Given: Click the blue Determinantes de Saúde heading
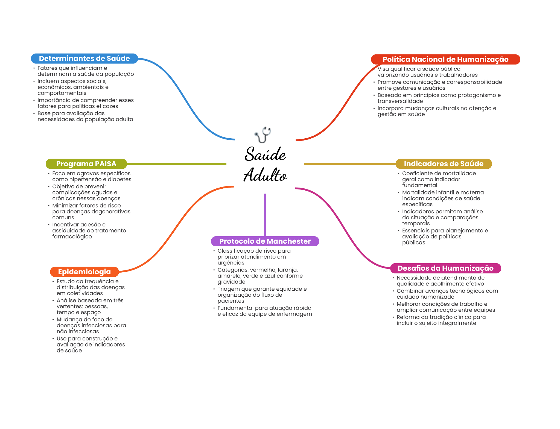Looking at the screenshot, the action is click(x=84, y=59).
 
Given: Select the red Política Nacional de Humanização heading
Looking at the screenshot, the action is click(x=445, y=59).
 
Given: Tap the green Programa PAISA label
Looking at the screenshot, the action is click(x=86, y=164).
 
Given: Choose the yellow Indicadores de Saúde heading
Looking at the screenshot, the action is click(x=443, y=164).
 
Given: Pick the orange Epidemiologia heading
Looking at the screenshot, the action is click(x=84, y=272).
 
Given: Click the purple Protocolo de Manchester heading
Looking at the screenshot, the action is click(x=265, y=241).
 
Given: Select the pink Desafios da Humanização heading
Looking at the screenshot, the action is click(x=445, y=268).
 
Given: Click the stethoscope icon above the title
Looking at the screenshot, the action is click(x=263, y=135).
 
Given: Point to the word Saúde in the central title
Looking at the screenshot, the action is click(x=265, y=154).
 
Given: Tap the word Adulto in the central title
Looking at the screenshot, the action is click(x=265, y=175).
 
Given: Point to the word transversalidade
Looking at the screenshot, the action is click(x=400, y=101).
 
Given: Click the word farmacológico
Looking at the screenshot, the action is click(x=72, y=237).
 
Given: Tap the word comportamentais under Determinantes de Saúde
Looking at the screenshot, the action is click(x=62, y=93).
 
